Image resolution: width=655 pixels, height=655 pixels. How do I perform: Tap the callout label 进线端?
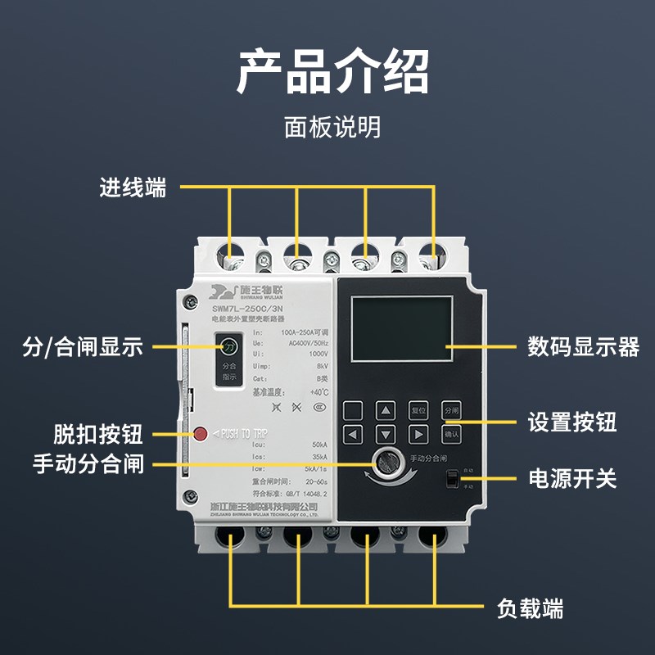point(133,187)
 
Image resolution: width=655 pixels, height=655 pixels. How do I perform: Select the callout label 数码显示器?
point(583,346)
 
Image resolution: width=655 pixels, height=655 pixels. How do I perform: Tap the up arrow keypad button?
point(386,411)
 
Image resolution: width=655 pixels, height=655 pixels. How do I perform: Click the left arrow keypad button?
point(353,434)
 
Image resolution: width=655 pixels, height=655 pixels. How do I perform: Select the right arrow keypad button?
point(418,434)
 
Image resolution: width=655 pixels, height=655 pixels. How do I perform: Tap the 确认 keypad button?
point(451,434)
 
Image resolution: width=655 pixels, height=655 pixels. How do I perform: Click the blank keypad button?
point(353,411)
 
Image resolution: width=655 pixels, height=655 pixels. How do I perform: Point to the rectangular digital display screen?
point(402,328)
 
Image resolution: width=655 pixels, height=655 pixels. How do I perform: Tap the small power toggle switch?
point(449,479)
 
